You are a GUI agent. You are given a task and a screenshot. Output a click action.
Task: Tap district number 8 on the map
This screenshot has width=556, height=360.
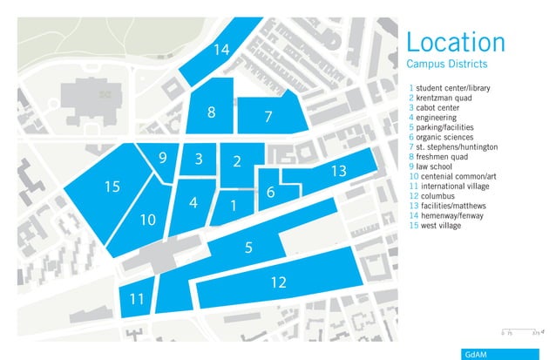[x=211, y=112]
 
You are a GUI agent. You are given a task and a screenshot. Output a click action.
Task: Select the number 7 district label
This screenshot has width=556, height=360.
[x=268, y=115]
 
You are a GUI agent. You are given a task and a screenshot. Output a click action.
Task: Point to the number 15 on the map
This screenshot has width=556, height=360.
[x=112, y=187]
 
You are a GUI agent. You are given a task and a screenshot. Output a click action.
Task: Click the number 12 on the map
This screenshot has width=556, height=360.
[x=278, y=282]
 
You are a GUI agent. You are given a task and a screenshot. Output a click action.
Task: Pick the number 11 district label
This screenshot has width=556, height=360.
[x=136, y=299]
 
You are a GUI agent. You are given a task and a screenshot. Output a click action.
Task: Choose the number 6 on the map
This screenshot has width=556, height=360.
[x=270, y=193]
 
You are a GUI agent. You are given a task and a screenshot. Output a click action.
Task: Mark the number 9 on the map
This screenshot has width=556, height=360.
[x=163, y=158]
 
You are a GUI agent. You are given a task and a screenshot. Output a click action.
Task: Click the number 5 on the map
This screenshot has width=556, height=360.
[x=248, y=248]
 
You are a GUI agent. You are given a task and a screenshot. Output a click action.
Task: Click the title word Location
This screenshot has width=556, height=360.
[x=456, y=42]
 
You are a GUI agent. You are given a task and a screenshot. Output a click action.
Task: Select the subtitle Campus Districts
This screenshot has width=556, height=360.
[x=446, y=65]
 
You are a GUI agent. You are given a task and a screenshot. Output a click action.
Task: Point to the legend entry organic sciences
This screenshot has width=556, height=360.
[x=443, y=137]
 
